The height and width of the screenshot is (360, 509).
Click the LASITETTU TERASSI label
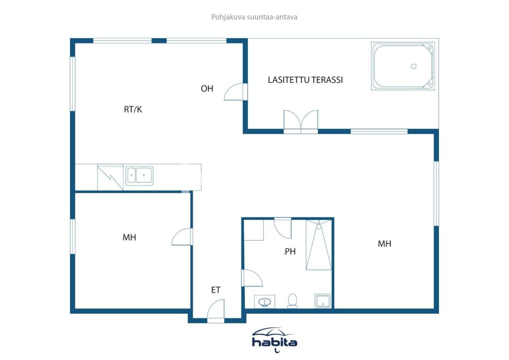click(x=305, y=80)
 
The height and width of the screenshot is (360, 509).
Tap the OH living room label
click(x=207, y=88)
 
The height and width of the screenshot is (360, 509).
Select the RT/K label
click(x=133, y=109)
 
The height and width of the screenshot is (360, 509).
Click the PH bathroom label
click(x=290, y=251)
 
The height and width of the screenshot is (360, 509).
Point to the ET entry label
click(x=216, y=290)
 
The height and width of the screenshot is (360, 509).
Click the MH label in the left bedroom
click(x=129, y=237)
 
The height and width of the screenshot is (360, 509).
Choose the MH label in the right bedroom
click(x=384, y=244)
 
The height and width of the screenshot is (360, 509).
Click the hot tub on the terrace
click(x=403, y=66)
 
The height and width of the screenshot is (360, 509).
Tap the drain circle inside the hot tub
click(x=414, y=66)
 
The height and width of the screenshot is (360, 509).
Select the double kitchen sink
click(x=139, y=175)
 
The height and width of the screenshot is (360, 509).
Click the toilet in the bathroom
click(x=293, y=301)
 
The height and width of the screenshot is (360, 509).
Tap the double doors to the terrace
click(x=301, y=121)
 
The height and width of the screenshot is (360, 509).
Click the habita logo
click(x=274, y=340)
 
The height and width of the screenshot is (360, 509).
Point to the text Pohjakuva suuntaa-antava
click(x=254, y=17)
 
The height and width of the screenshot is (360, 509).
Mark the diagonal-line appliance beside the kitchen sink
click(x=110, y=177)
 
